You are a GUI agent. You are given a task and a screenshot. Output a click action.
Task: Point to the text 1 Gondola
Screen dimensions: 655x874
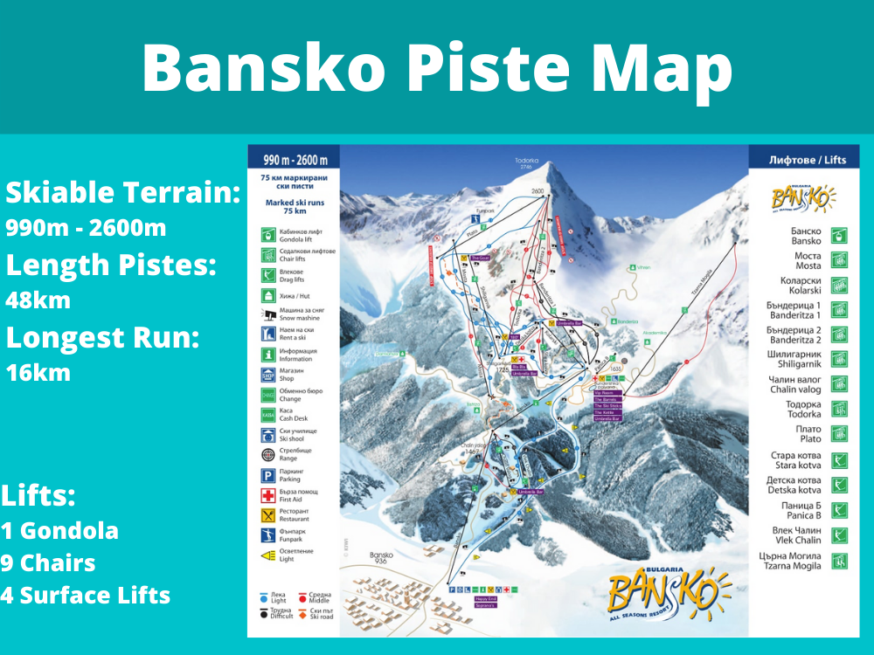tap(59, 530)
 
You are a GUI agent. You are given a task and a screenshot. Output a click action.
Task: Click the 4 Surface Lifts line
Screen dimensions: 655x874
tap(86, 596)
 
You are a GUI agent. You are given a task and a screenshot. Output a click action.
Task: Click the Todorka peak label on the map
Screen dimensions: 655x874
tap(527, 162)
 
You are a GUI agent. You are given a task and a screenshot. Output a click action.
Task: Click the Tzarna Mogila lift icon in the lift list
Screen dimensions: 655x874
tap(839, 561)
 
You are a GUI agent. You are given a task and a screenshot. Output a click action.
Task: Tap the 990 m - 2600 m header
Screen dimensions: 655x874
tap(293, 160)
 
